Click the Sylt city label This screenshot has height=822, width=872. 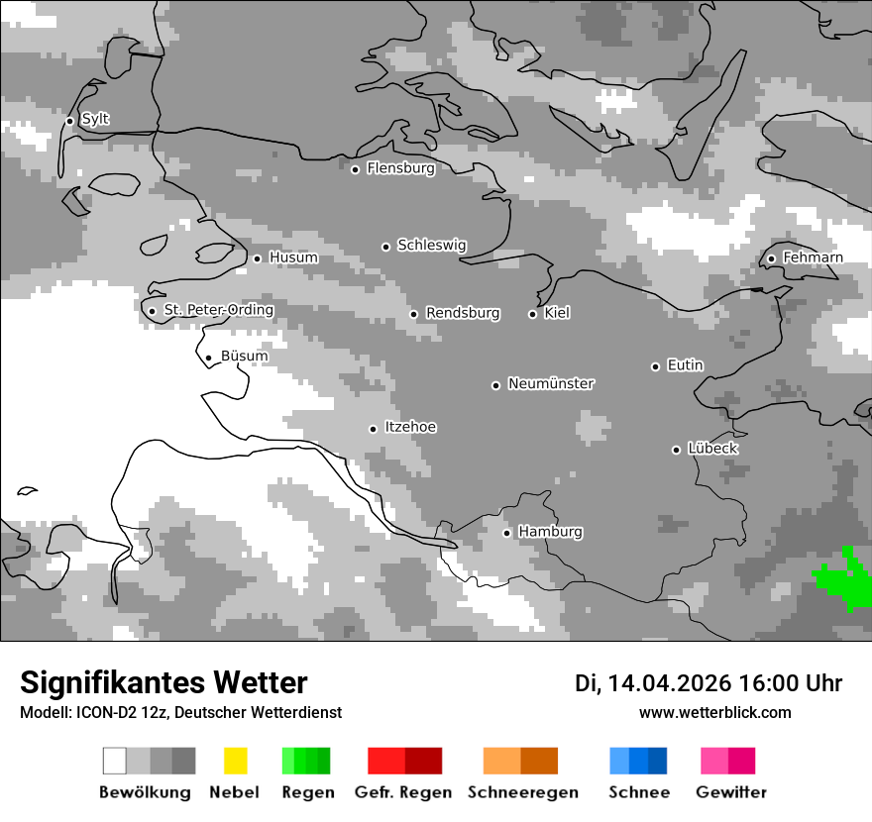click(x=95, y=119)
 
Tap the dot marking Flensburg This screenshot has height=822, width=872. click(x=356, y=169)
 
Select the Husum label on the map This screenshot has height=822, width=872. click(x=293, y=257)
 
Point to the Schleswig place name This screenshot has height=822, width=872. click(x=431, y=245)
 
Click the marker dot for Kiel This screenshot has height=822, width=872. click(x=532, y=314)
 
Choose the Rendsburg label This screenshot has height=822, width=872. click(x=463, y=313)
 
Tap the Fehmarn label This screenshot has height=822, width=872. click(x=813, y=257)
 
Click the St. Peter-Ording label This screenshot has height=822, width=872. click(x=218, y=310)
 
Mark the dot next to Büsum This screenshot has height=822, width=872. click(x=208, y=358)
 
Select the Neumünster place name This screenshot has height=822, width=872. click(x=551, y=383)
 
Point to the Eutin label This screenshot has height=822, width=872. click(x=685, y=365)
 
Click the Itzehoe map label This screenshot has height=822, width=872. click(x=410, y=427)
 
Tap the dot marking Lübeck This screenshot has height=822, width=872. click(x=676, y=450)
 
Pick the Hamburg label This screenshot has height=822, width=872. click(x=550, y=532)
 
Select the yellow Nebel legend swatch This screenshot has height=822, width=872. click(x=235, y=761)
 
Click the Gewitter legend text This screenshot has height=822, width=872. click(x=731, y=792)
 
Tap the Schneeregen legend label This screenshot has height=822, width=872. click(x=523, y=792)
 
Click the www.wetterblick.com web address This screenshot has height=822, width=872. click(x=714, y=712)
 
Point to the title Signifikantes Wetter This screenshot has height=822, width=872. click(x=163, y=682)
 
